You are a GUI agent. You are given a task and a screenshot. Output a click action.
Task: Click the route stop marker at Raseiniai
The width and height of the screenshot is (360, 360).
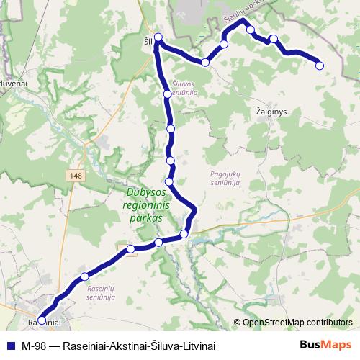click(x=41, y=320)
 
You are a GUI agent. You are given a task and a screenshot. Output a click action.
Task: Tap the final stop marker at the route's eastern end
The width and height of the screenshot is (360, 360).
click(x=320, y=66)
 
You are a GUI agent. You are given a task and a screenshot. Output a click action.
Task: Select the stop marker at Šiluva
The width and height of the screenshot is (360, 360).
click(x=158, y=38)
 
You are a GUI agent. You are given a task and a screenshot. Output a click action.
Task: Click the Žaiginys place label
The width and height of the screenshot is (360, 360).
click(x=271, y=112)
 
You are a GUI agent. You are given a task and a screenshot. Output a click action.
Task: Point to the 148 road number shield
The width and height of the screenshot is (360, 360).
click(x=76, y=175)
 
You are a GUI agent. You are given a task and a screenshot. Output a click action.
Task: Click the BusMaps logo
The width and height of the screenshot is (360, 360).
click(x=325, y=345)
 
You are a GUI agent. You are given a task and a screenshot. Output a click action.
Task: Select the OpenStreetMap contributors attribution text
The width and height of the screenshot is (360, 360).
click(x=297, y=323)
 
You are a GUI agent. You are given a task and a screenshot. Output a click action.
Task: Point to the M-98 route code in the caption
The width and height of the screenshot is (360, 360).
click(x=35, y=346)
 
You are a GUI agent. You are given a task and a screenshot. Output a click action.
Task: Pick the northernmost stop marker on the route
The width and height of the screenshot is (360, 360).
click(x=251, y=30)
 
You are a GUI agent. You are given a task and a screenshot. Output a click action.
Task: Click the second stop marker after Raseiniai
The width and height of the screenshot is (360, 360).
click(x=130, y=249)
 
